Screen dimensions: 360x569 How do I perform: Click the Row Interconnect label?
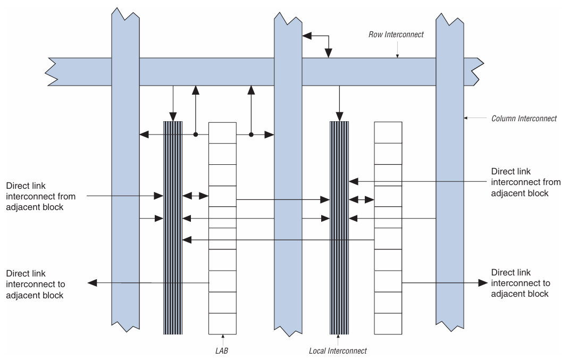(396, 35)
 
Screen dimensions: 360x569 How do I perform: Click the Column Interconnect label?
(523, 118)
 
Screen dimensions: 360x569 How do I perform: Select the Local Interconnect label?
(338, 350)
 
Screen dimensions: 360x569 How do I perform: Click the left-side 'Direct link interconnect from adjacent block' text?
(40, 196)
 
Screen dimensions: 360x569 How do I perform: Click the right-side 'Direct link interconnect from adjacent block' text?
(525, 182)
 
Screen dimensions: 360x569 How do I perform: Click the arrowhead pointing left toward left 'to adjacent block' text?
(92, 283)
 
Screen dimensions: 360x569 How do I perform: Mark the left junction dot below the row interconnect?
(196, 135)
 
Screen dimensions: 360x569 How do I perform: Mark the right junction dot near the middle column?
(251, 135)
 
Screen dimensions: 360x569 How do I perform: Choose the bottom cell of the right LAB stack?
(388, 324)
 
